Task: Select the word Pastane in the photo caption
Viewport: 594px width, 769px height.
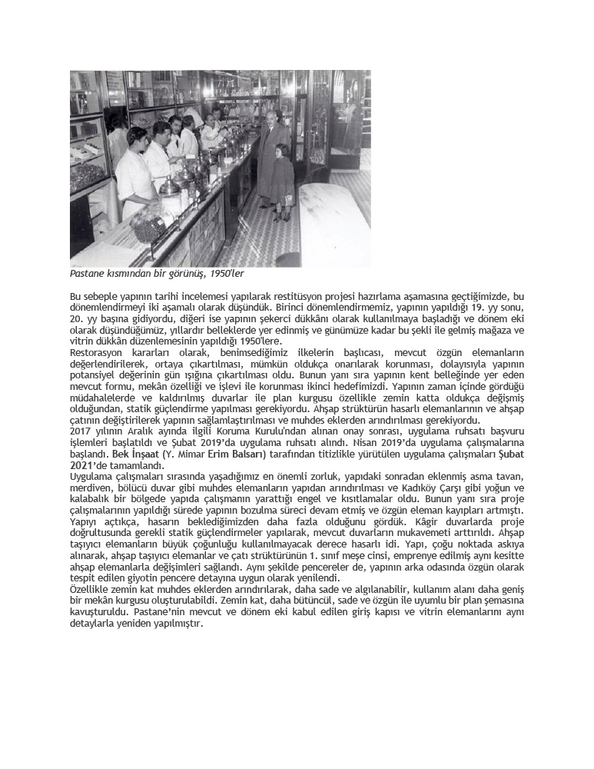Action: coord(87,274)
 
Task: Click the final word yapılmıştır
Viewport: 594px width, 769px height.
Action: coord(182,623)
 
